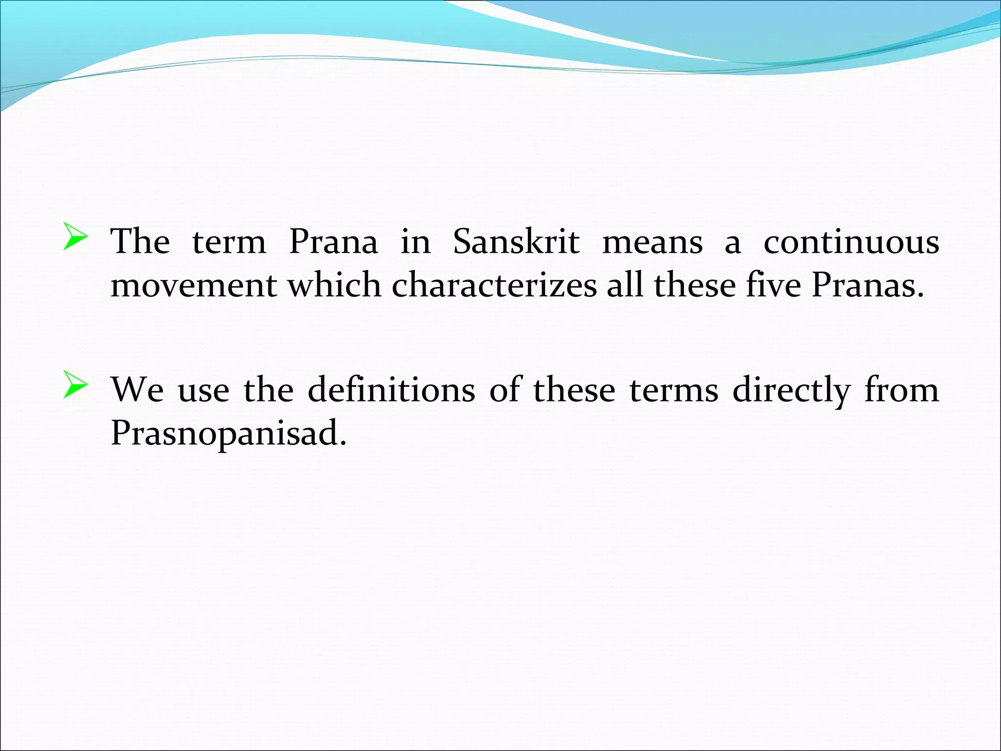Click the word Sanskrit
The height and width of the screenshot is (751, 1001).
tap(516, 242)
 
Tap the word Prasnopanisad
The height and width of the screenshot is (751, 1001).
tap(228, 433)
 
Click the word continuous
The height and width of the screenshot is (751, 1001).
tap(851, 242)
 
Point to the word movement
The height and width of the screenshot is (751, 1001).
tap(194, 285)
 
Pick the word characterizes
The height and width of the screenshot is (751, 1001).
tap(494, 285)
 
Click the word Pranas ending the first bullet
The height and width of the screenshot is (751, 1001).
tap(868, 285)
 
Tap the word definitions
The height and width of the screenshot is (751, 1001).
tap(391, 390)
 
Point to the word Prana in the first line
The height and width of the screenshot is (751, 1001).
tap(333, 242)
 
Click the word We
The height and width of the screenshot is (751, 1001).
tap(137, 390)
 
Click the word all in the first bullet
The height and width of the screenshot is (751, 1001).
tap(624, 285)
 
